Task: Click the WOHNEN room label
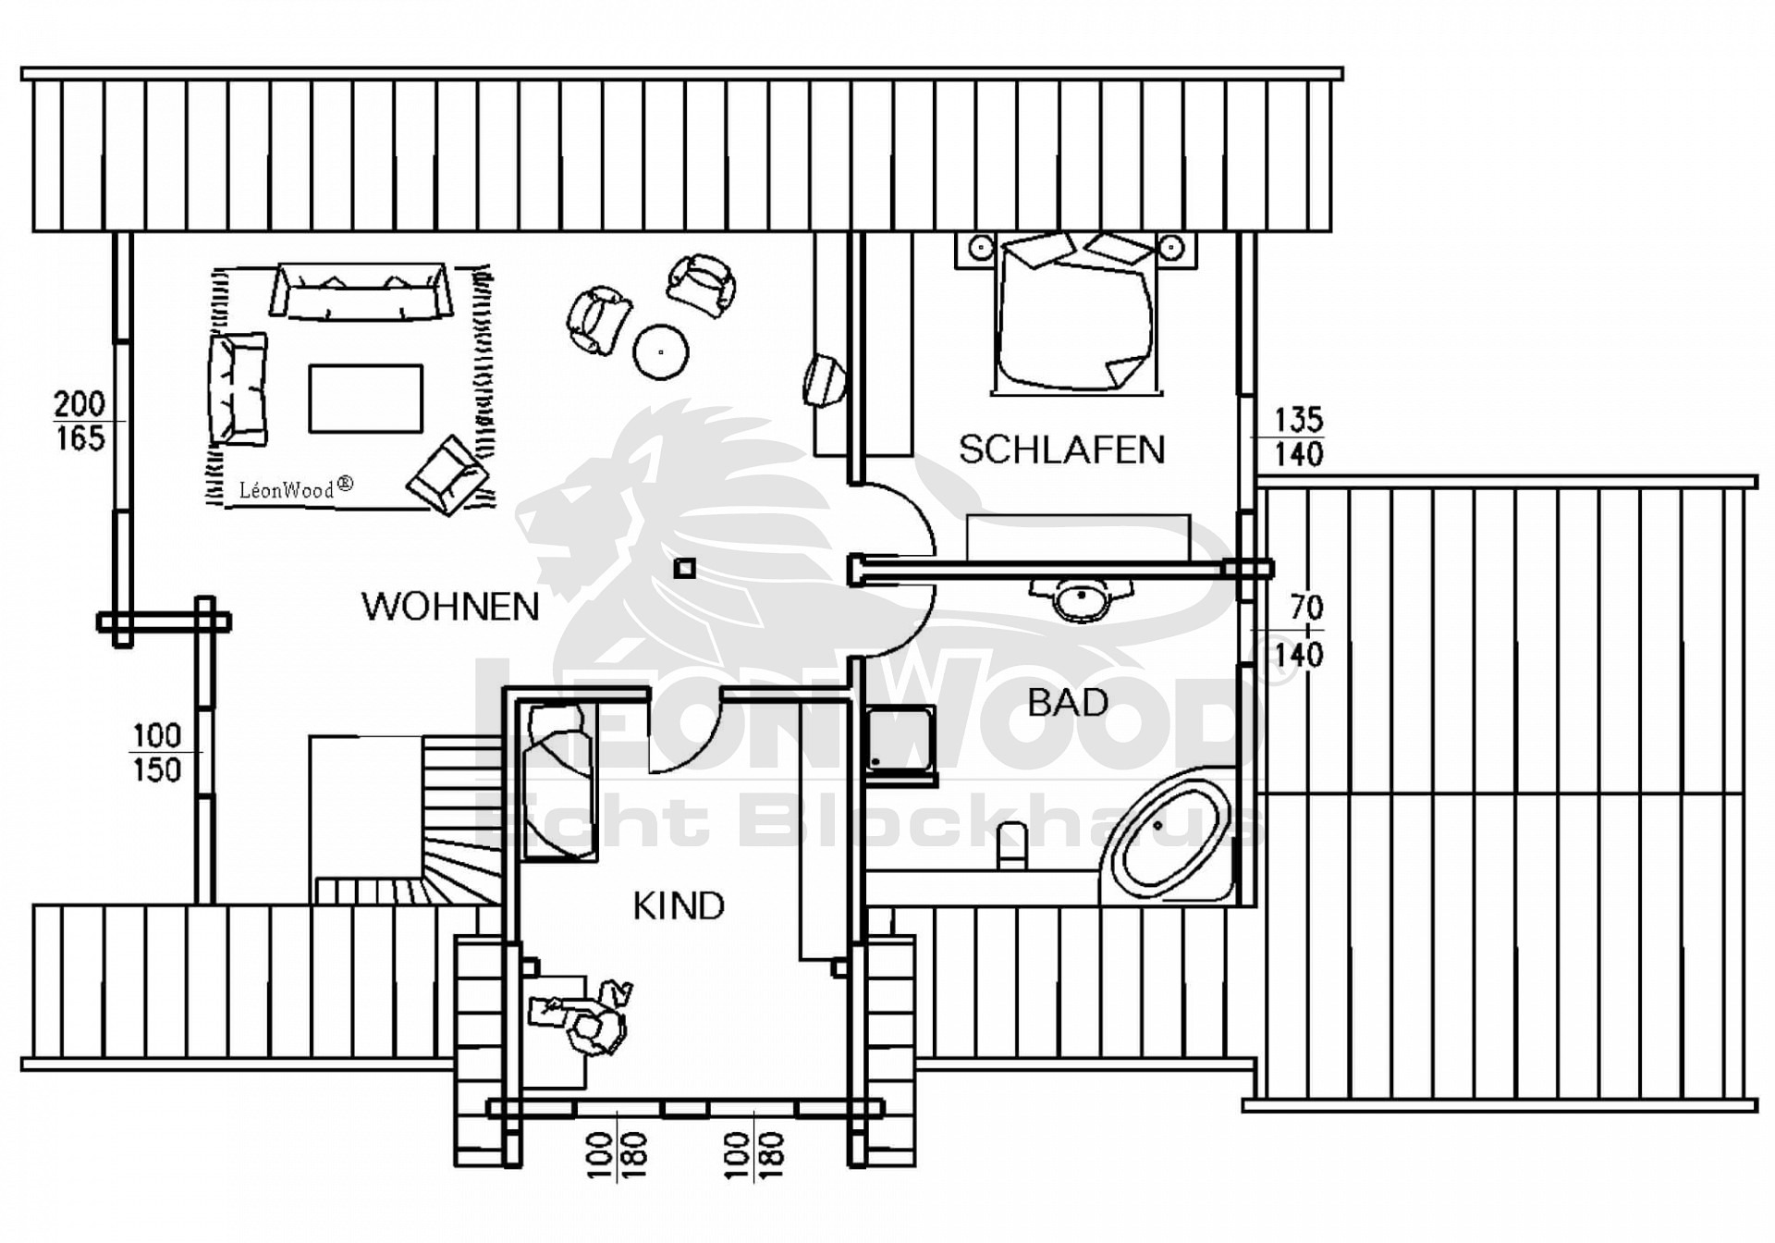450,607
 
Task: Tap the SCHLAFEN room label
1061,449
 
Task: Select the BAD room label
1068,703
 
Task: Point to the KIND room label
679,905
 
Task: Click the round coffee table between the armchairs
661,351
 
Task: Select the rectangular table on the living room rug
366,399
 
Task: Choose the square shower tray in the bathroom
900,740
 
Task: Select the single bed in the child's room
557,782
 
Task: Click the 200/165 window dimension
80,421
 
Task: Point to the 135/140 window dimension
1298,437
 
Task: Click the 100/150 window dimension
156,753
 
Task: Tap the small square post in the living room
684,568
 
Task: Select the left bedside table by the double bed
980,248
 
